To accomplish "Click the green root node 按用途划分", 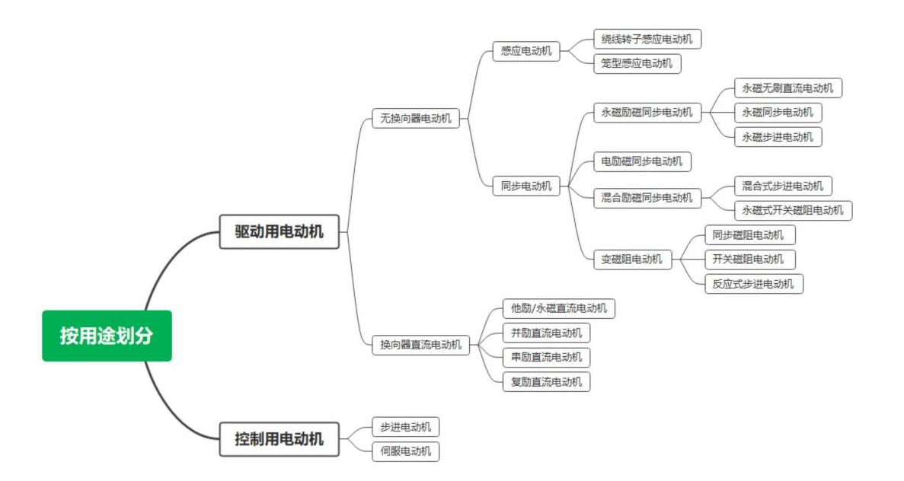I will pos(107,336).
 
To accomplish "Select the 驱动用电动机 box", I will pos(279,231).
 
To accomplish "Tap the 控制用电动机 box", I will pos(279,438).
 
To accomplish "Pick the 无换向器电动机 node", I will pos(416,118).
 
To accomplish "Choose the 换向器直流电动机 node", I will pos(421,344).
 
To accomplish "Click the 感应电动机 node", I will pos(526,52).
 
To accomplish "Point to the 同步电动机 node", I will pos(526,186).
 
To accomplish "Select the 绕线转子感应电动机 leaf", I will pos(647,39).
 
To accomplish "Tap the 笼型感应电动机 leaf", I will pos(637,63).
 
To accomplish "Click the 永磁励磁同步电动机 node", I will pos(647,113).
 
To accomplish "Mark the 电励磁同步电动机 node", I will pos(642,161).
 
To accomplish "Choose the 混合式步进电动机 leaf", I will pos(783,186).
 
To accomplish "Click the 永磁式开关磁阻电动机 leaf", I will pos(793,210).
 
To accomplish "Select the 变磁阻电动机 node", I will pos(632,259).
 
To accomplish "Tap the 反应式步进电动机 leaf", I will pos(753,284).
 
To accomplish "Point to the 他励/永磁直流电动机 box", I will pos(559,308).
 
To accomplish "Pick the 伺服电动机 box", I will pos(405,451).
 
